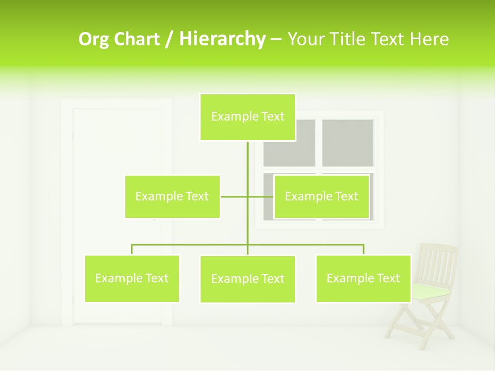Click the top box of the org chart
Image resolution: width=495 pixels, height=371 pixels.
coord(247,117)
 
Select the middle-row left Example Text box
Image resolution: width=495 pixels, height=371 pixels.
coord(172,196)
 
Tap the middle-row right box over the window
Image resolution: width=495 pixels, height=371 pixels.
coord(321,196)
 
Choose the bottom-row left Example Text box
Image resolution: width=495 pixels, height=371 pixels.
coord(132,278)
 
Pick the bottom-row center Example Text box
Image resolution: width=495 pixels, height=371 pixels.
coord(247,279)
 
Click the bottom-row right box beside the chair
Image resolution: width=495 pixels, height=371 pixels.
coord(363,278)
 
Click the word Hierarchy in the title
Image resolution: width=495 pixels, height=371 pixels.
coord(222,39)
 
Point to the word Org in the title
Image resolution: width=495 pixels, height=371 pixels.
coord(93,39)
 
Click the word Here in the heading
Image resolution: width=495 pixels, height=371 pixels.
coord(429,39)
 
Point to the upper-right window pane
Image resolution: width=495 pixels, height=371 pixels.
coord(348,143)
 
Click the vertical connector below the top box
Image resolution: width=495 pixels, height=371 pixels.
coord(247,160)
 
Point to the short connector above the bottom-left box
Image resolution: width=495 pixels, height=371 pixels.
coord(132,249)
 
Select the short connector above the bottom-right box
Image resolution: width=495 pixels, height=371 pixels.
coord(363,249)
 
